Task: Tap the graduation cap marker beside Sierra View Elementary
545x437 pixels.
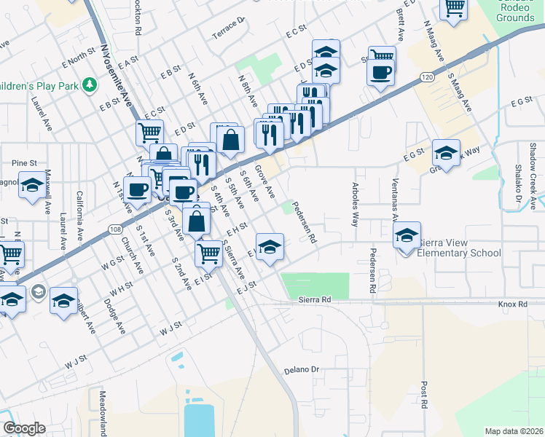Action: [407, 235]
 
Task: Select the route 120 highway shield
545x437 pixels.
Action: [428, 76]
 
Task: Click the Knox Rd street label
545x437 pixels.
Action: [512, 303]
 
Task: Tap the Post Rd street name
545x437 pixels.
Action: [423, 393]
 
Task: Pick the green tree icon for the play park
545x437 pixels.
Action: [90, 85]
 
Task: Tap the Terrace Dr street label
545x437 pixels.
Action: [227, 28]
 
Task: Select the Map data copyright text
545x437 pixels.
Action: [513, 431]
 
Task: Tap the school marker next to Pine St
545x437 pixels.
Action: [31, 186]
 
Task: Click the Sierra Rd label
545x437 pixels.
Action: [315, 299]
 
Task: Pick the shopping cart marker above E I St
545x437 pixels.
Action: [209, 253]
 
